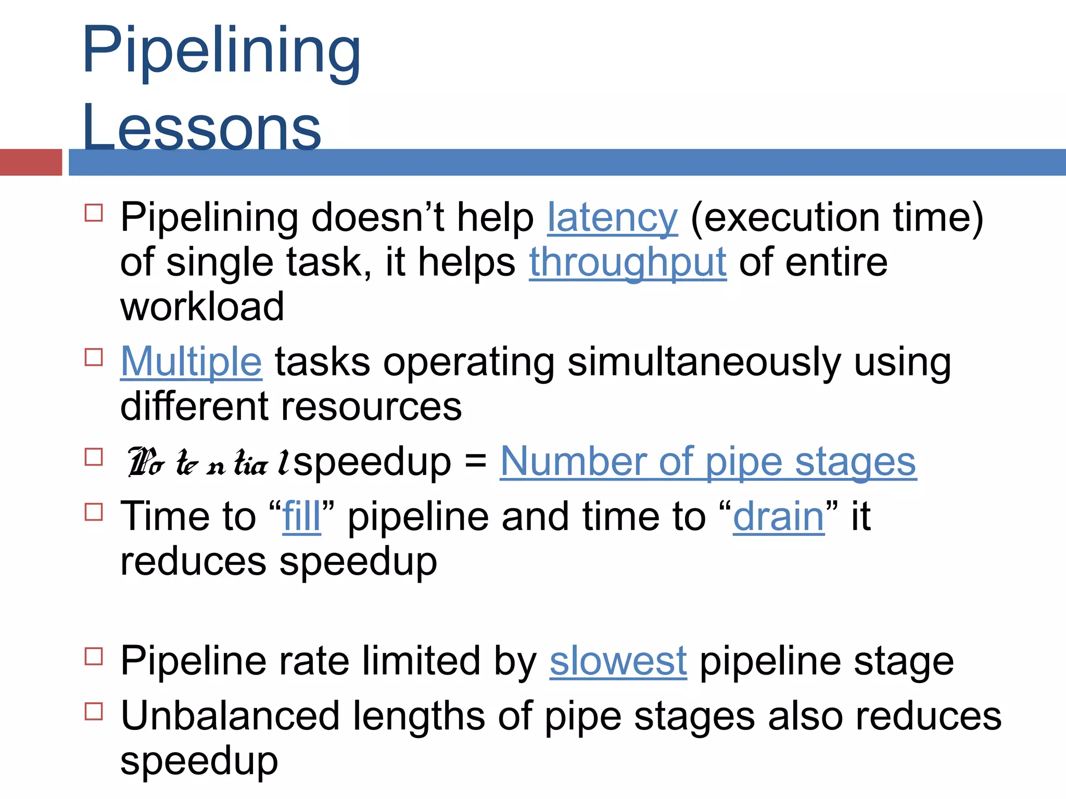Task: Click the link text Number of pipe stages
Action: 708,461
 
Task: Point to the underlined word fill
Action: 301,516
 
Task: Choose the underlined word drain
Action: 778,516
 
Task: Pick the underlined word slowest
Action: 618,661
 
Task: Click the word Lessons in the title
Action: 202,128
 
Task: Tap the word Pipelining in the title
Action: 221,51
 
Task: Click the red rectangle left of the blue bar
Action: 31,162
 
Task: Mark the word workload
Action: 202,307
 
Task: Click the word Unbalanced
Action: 230,716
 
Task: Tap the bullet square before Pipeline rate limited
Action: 94,656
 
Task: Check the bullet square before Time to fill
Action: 94,512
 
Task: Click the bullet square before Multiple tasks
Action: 94,357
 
